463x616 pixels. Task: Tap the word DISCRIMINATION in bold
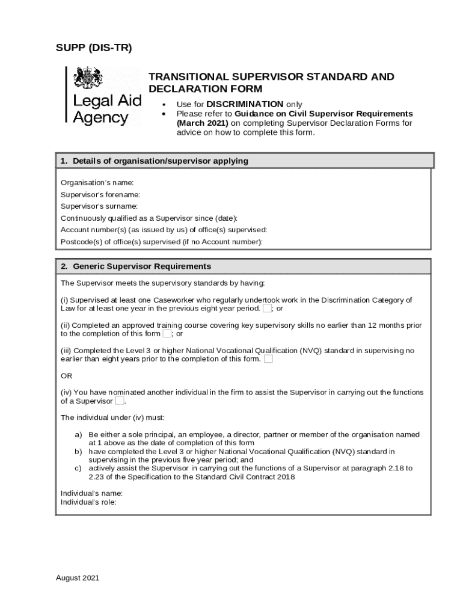pyautogui.click(x=245, y=104)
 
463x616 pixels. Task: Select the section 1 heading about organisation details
pyautogui.click(x=155, y=161)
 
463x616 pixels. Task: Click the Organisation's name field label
pyautogui.click(x=97, y=182)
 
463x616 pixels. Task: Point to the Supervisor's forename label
pyautogui.click(x=100, y=194)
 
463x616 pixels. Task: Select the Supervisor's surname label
pyautogui.click(x=99, y=206)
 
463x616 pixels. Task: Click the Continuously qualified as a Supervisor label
pyautogui.click(x=149, y=218)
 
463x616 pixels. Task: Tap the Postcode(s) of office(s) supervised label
pyautogui.click(x=162, y=242)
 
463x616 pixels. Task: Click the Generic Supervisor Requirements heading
pyautogui.click(x=142, y=266)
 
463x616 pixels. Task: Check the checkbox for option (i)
pyautogui.click(x=267, y=309)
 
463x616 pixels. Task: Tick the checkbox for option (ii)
pyautogui.click(x=167, y=334)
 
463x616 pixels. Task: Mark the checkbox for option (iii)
pyautogui.click(x=268, y=359)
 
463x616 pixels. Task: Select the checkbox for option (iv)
pyautogui.click(x=119, y=401)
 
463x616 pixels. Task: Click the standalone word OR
pyautogui.click(x=66, y=375)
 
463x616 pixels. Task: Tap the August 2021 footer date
pyautogui.click(x=78, y=577)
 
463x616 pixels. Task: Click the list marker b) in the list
pyautogui.click(x=78, y=451)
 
